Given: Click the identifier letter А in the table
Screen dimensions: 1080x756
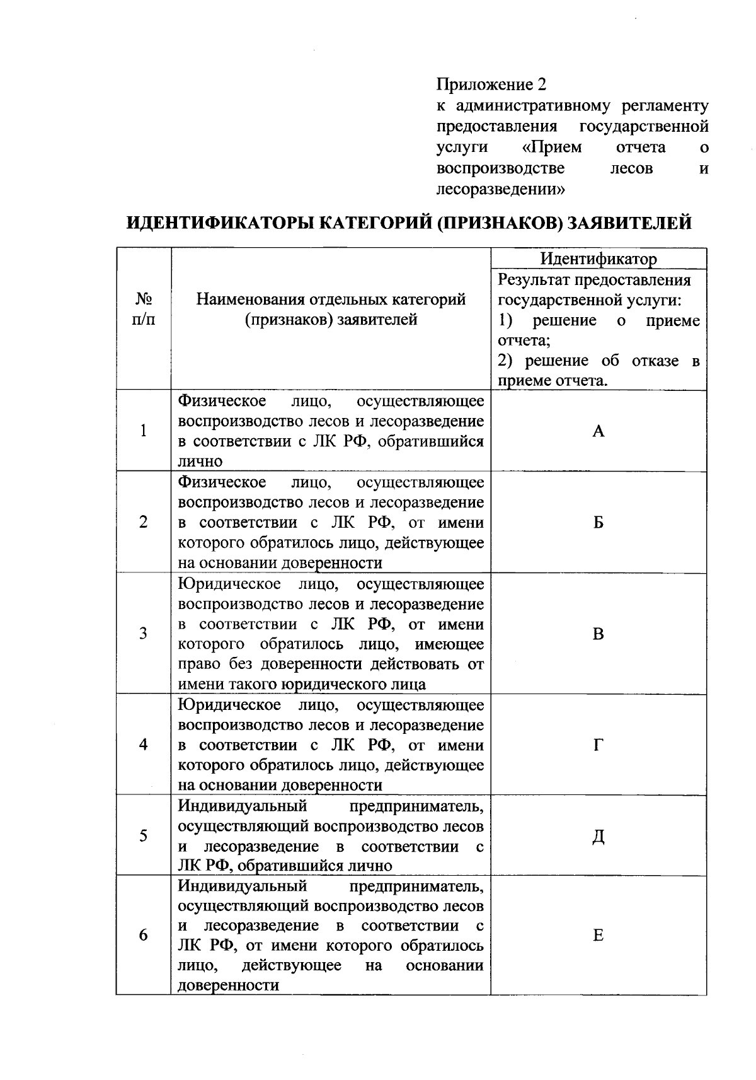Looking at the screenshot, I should coord(598,431).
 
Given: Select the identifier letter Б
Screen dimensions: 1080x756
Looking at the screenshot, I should coord(598,523).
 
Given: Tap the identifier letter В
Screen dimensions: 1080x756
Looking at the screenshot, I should coord(598,634).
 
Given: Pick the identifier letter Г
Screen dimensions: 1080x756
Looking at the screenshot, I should coord(598,745).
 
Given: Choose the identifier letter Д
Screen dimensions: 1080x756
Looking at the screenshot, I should coord(598,836).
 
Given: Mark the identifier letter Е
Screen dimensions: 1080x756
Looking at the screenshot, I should coord(598,936).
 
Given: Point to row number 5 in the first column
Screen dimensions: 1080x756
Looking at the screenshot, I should coord(144,836).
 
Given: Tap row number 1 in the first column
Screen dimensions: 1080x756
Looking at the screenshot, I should coord(144,431).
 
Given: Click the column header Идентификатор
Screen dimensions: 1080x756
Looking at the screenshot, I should coord(598,259).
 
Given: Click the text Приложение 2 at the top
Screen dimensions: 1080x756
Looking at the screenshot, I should coord(492,84).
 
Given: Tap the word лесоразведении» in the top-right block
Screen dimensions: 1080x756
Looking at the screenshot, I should coord(501,189).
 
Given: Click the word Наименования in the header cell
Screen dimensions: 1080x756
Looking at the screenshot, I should coord(252,299).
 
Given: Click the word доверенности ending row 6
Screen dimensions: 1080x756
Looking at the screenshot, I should coord(229,985).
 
